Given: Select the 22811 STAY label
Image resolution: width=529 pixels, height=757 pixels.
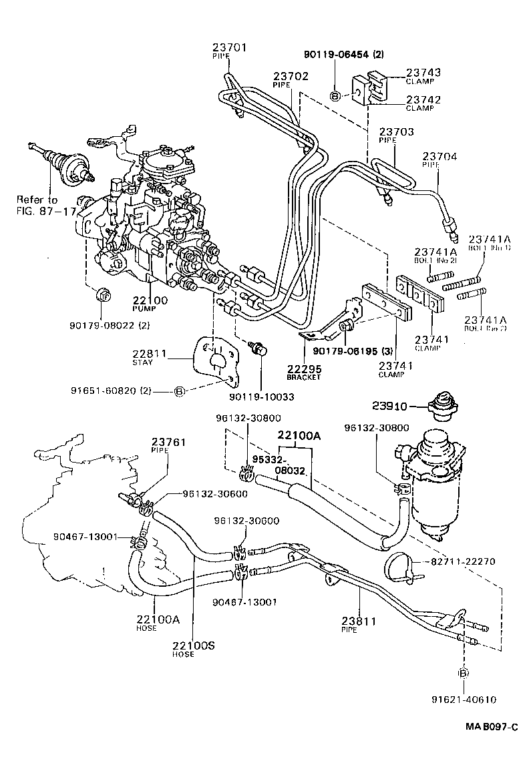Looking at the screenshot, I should pyautogui.click(x=147, y=354).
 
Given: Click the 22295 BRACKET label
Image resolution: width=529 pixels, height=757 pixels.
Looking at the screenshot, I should pyautogui.click(x=304, y=369).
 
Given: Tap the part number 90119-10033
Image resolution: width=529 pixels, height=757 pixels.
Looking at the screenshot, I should pyautogui.click(x=261, y=397).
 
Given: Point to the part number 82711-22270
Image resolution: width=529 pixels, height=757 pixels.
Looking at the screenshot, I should pyautogui.click(x=462, y=561).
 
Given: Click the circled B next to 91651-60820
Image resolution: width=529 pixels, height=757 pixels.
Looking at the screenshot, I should pyautogui.click(x=178, y=392).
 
